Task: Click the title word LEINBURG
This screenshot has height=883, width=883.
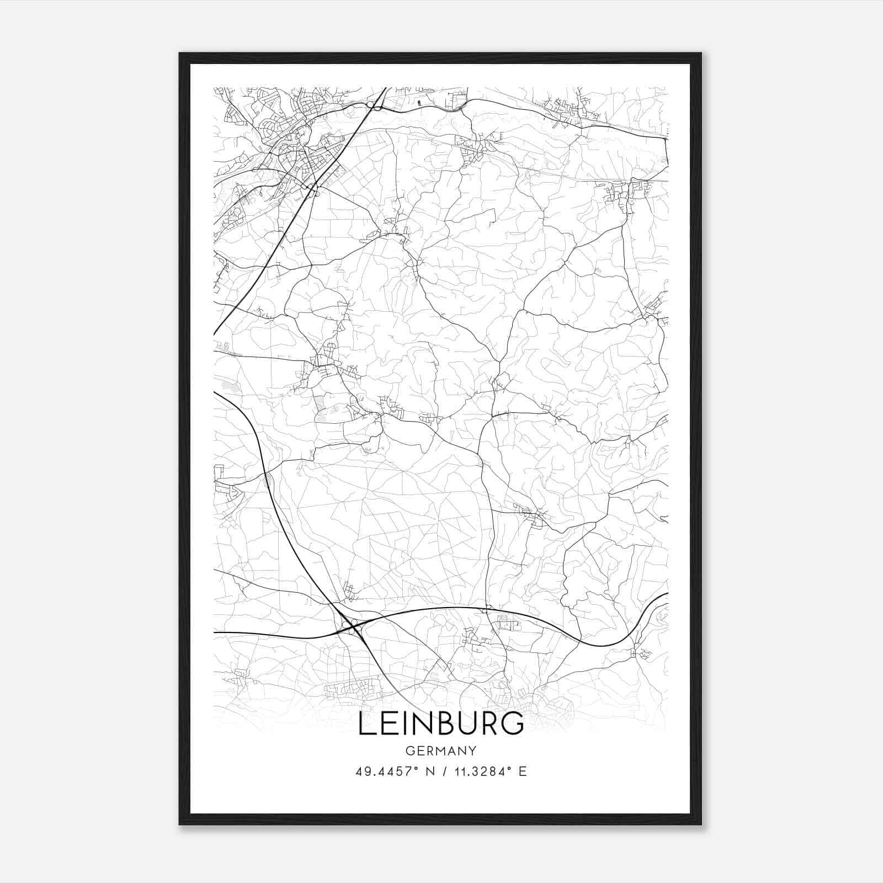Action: coord(441,724)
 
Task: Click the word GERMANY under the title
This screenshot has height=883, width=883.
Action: coord(441,751)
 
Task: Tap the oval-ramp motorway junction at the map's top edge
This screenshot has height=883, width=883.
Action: coord(377,105)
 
